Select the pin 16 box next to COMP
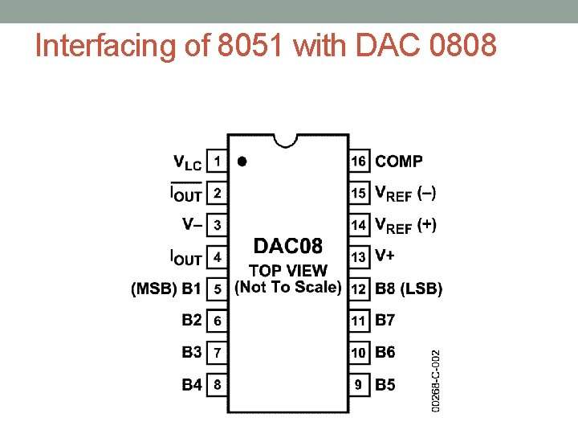358,161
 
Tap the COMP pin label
399,161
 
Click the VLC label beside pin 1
188,162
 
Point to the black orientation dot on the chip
242,161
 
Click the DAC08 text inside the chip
288,244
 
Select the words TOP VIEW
288,271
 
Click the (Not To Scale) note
288,287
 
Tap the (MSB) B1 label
165,289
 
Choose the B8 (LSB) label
409,289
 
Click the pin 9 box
358,385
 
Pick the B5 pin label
385,385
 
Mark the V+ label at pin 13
385,256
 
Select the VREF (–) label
406,194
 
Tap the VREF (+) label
406,226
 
